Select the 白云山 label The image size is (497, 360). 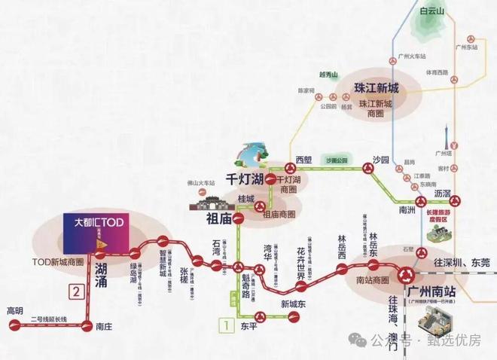(x=434, y=11)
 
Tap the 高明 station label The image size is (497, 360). (x=15, y=311)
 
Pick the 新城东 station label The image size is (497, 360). (x=294, y=304)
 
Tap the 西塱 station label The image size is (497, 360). (x=303, y=160)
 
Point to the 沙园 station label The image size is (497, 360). (x=381, y=161)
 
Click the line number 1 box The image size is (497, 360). (x=224, y=326)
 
